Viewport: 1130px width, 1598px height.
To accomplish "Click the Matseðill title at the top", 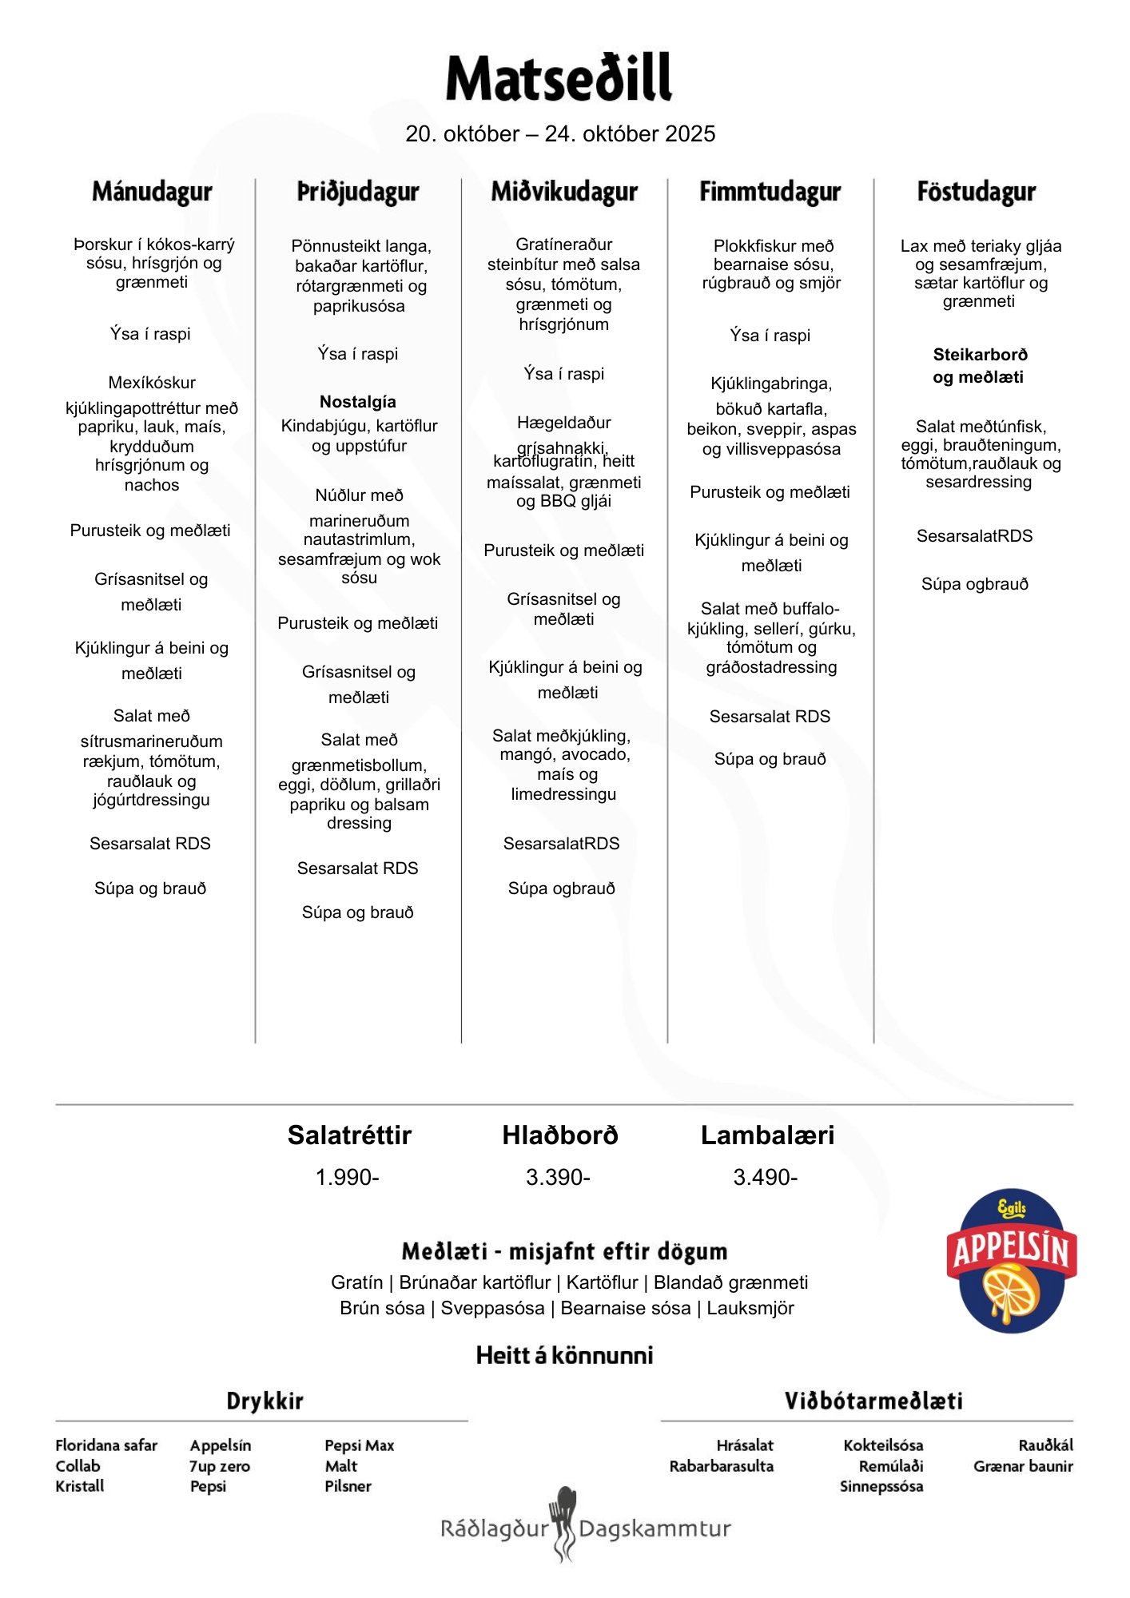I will (559, 78).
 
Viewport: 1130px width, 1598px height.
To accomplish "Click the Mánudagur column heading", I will (152, 192).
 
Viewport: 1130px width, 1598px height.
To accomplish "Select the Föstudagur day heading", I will (976, 192).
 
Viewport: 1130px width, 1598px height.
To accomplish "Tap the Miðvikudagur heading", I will (564, 192).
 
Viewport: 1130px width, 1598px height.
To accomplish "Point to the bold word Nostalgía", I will (358, 402).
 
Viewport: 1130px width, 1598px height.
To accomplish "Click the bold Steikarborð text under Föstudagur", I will (980, 355).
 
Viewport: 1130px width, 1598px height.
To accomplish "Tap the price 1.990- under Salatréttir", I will (347, 1177).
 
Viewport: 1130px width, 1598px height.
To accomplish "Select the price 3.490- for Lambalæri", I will (765, 1177).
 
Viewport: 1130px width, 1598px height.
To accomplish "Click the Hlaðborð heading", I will (559, 1135).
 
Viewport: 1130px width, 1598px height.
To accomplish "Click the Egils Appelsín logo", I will (1011, 1261).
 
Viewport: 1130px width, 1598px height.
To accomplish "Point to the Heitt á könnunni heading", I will (564, 1355).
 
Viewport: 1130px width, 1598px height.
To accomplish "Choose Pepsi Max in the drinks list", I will (359, 1445).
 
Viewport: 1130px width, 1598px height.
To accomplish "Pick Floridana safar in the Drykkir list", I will (106, 1445).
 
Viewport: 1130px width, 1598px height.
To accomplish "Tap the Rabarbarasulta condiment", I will (721, 1466).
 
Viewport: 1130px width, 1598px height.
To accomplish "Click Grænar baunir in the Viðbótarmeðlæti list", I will (1022, 1466).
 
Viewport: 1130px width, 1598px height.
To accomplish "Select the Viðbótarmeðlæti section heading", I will (873, 1401).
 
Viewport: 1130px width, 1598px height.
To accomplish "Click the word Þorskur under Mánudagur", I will (103, 244).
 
